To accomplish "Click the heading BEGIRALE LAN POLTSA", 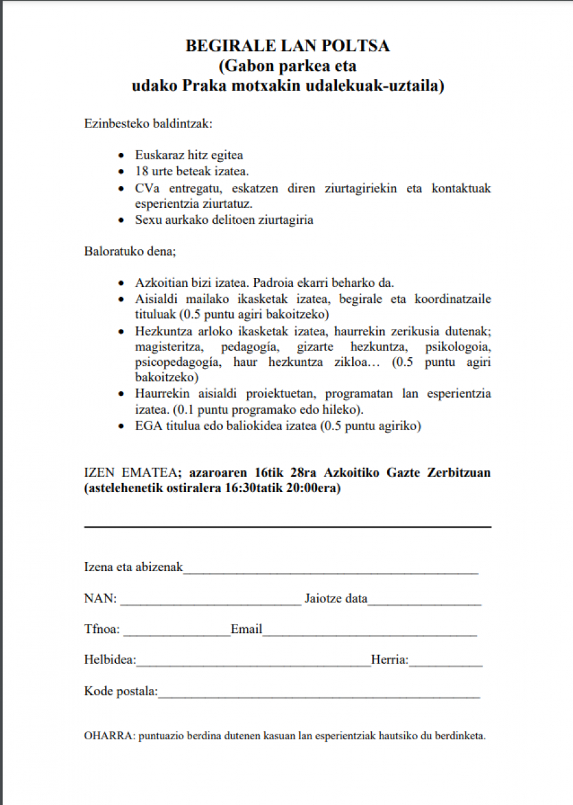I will (x=287, y=46).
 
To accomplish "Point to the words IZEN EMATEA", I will (x=131, y=473).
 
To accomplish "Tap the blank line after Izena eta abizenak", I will (x=331, y=569).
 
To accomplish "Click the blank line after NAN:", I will (x=210, y=600).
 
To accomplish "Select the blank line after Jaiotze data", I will (x=425, y=600).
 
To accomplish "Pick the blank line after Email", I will (x=369, y=632).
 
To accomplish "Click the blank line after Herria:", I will (x=446, y=662).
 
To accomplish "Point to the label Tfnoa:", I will (x=102, y=630).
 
